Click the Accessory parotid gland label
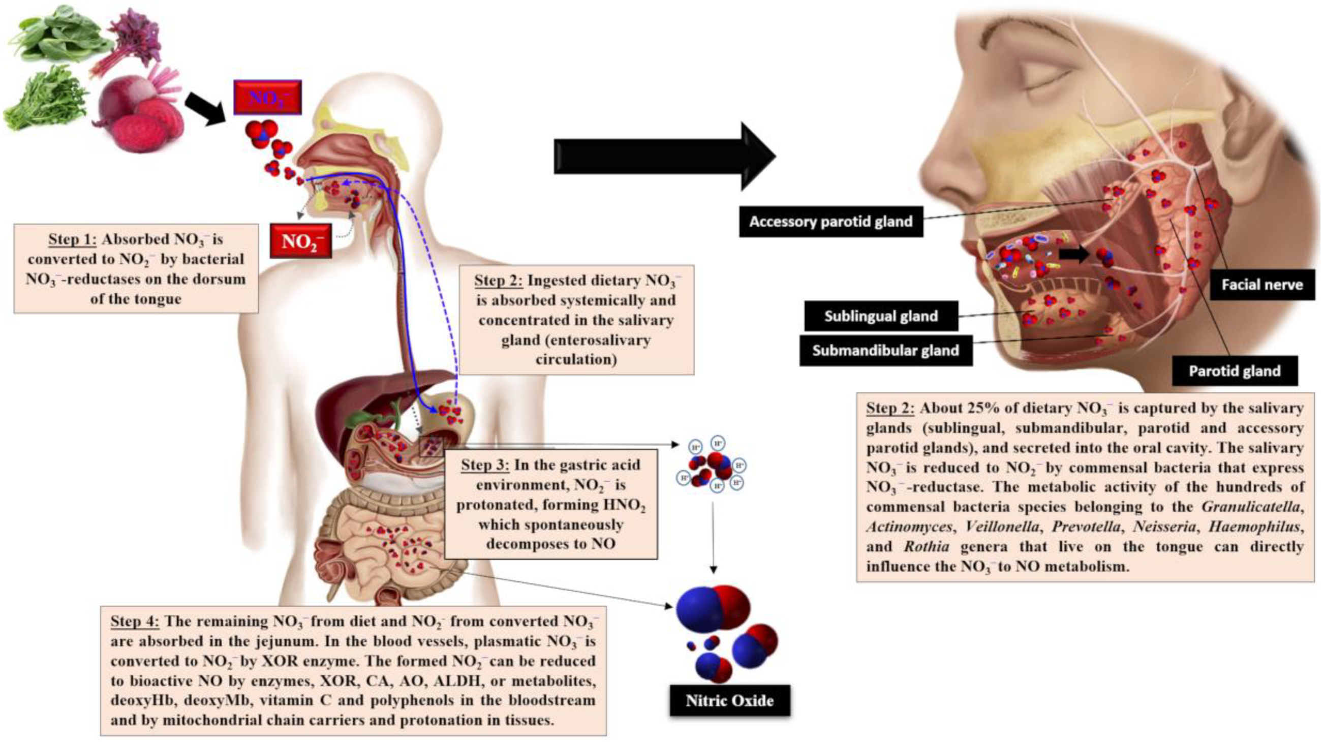click(x=830, y=222)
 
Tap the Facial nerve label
click(x=1262, y=285)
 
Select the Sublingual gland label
click(x=881, y=316)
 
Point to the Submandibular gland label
click(x=885, y=351)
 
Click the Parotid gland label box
click(x=1234, y=370)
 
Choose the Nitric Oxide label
click(x=729, y=700)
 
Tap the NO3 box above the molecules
click(x=267, y=98)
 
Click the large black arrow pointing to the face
click(x=664, y=157)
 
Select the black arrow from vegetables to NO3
click(x=204, y=108)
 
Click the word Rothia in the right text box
click(x=927, y=546)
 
